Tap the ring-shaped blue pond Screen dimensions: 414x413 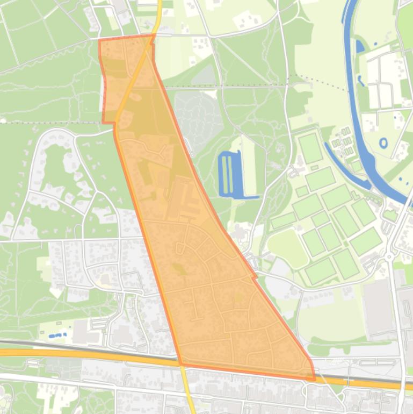pos(383,143)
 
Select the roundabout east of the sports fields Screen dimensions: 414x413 pos(389,258)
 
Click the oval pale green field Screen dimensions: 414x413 pos(288,247)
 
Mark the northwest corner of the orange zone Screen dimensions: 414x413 pos(100,40)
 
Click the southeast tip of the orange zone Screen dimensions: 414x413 pos(314,379)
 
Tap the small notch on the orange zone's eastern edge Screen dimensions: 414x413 pos(255,277)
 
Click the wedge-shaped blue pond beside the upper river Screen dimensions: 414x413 pos(359,47)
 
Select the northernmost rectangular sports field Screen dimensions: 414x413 pos(310,148)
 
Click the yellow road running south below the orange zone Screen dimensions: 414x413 pos(189,392)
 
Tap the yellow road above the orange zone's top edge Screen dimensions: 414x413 pos(157,16)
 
